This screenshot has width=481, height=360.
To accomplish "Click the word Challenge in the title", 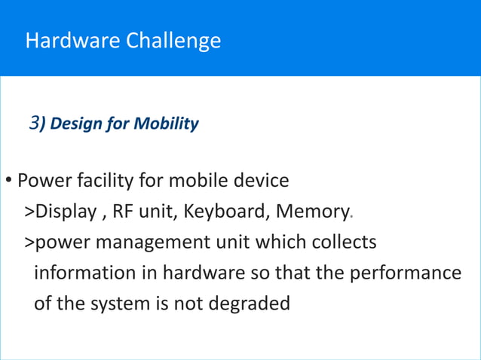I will click(x=178, y=40).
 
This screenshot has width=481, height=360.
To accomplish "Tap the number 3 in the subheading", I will click(x=34, y=123).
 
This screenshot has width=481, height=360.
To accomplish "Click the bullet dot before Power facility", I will click(x=8, y=182).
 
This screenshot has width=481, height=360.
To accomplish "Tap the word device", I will click(x=261, y=182).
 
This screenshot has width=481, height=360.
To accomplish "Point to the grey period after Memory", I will click(x=351, y=218).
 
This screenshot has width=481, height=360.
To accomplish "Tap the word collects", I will click(x=345, y=243).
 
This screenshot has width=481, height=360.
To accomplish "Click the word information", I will click(x=79, y=273).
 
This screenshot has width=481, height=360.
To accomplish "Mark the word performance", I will click(x=404, y=273).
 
